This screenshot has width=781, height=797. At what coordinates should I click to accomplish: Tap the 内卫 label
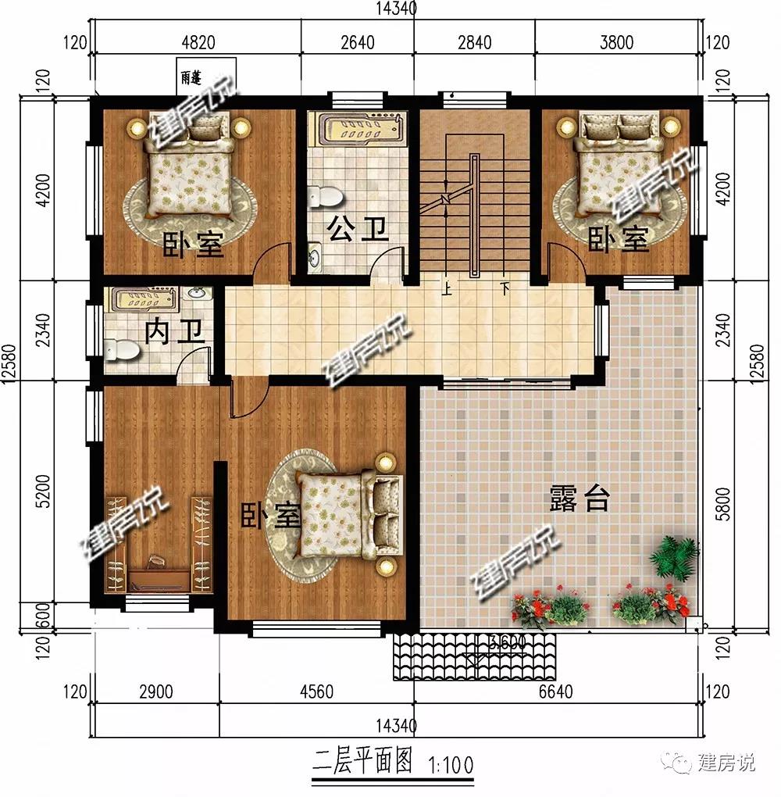pos(174,332)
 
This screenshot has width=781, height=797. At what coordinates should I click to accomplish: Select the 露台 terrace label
pos(580,499)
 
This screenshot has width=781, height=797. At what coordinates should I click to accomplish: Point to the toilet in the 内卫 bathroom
pos(121,350)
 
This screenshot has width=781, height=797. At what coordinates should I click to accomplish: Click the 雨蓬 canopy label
pos(191,77)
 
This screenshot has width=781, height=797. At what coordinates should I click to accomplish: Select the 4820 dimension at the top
pos(198,41)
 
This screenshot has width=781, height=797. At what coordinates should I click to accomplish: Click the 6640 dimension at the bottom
pos(556,692)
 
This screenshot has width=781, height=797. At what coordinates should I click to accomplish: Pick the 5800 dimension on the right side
pos(722,503)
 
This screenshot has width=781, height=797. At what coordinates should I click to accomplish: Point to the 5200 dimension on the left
pos(45,491)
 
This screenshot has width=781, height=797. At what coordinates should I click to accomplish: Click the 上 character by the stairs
pos(447,288)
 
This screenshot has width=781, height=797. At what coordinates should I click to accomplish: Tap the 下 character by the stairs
pos(505,288)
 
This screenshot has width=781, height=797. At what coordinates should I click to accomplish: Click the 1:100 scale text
pos(451,765)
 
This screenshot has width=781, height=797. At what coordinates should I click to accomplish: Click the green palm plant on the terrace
pos(674,556)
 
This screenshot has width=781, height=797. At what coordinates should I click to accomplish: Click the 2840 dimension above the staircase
pos(475,41)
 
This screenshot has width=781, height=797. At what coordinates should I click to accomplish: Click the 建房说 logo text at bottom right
pos(726,763)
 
